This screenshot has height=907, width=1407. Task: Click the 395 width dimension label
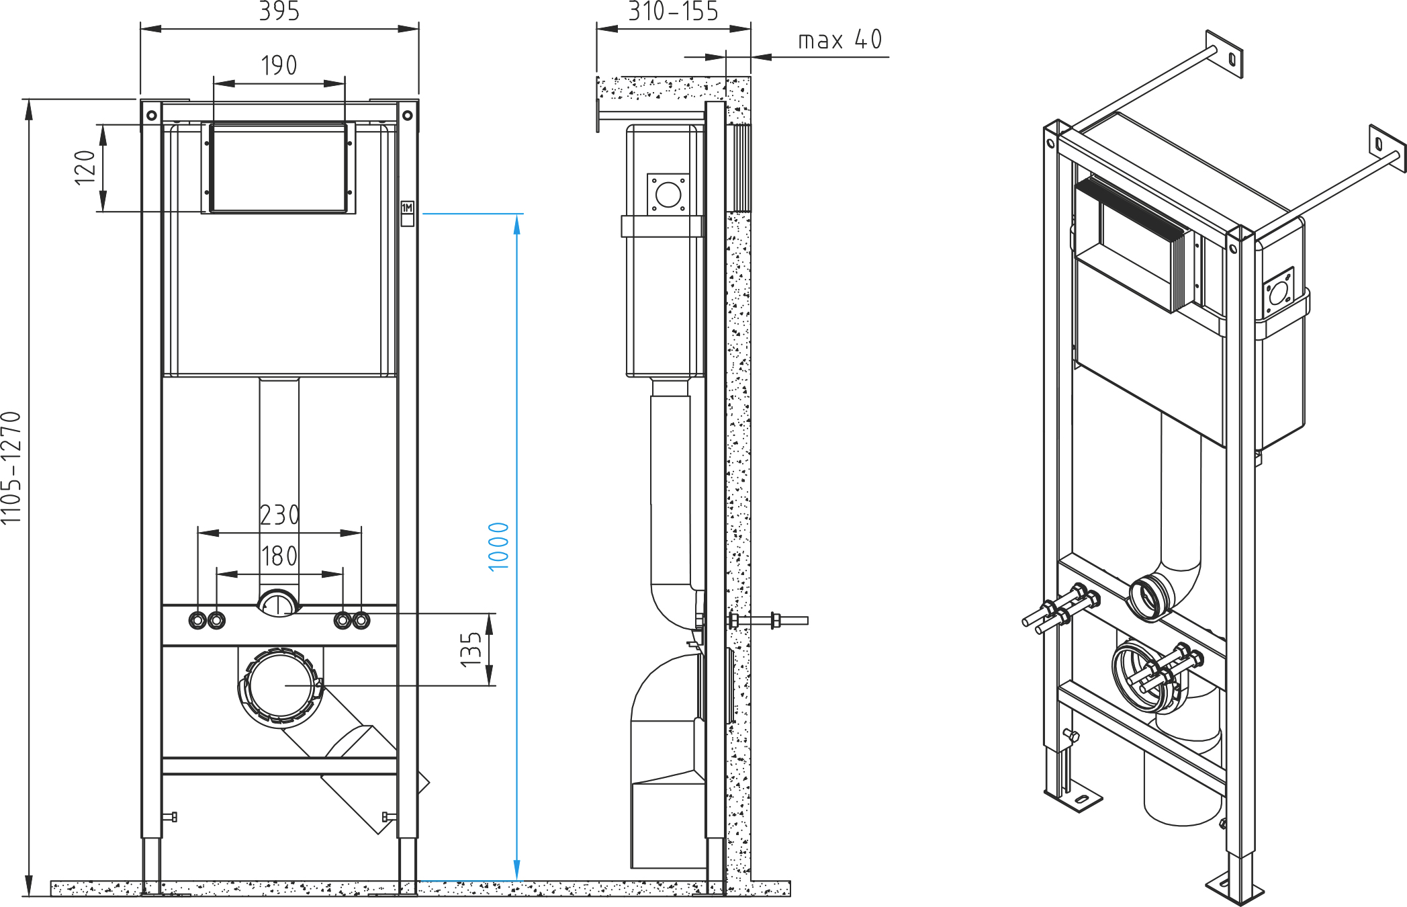coord(279,11)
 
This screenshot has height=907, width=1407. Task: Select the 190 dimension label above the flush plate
coord(279,66)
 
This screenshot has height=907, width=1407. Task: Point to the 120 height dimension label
coord(85,168)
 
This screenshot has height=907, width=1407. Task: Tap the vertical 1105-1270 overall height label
coord(11,468)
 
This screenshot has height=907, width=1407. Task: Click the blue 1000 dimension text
coord(498,547)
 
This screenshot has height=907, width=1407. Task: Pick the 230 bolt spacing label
coord(279,516)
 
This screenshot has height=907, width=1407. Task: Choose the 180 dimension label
coord(279,557)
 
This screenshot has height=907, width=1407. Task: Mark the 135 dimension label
coord(471,650)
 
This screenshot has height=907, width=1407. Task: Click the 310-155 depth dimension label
coord(673,11)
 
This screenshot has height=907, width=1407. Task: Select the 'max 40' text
coord(839,40)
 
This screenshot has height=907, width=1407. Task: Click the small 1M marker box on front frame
coord(407,208)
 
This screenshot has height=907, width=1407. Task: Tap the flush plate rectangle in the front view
coord(278,168)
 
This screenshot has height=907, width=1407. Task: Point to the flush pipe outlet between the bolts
coord(278,603)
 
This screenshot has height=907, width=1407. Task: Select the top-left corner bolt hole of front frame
coord(152,116)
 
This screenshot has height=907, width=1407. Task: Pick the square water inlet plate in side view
coord(668,195)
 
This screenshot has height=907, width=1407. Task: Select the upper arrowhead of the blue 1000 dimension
coord(516,224)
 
